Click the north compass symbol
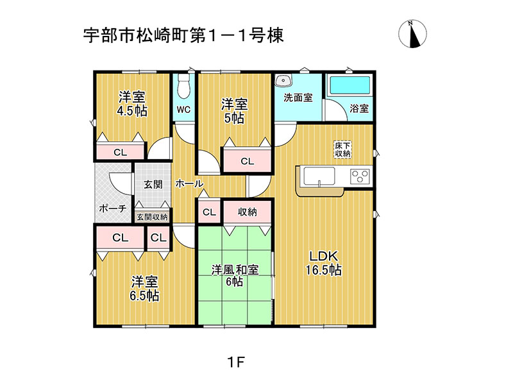(x=412, y=34)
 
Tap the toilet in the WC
(x=184, y=86)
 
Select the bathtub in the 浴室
(x=349, y=86)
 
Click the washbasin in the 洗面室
(x=283, y=81)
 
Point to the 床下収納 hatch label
(x=342, y=150)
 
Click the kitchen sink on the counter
(x=319, y=177)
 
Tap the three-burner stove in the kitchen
(x=360, y=176)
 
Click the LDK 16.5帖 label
(x=324, y=264)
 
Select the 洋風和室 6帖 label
(x=235, y=276)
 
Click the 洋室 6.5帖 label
(x=144, y=288)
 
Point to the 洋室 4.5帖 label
(x=132, y=104)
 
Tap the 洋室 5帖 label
(x=234, y=111)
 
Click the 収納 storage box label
(x=248, y=212)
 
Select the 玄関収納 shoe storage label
(x=152, y=217)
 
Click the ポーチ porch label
(x=113, y=208)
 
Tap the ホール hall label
(x=189, y=184)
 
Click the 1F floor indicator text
(x=236, y=363)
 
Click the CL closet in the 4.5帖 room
(x=120, y=152)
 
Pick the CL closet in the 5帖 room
(x=248, y=161)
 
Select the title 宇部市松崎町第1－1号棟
(x=183, y=35)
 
